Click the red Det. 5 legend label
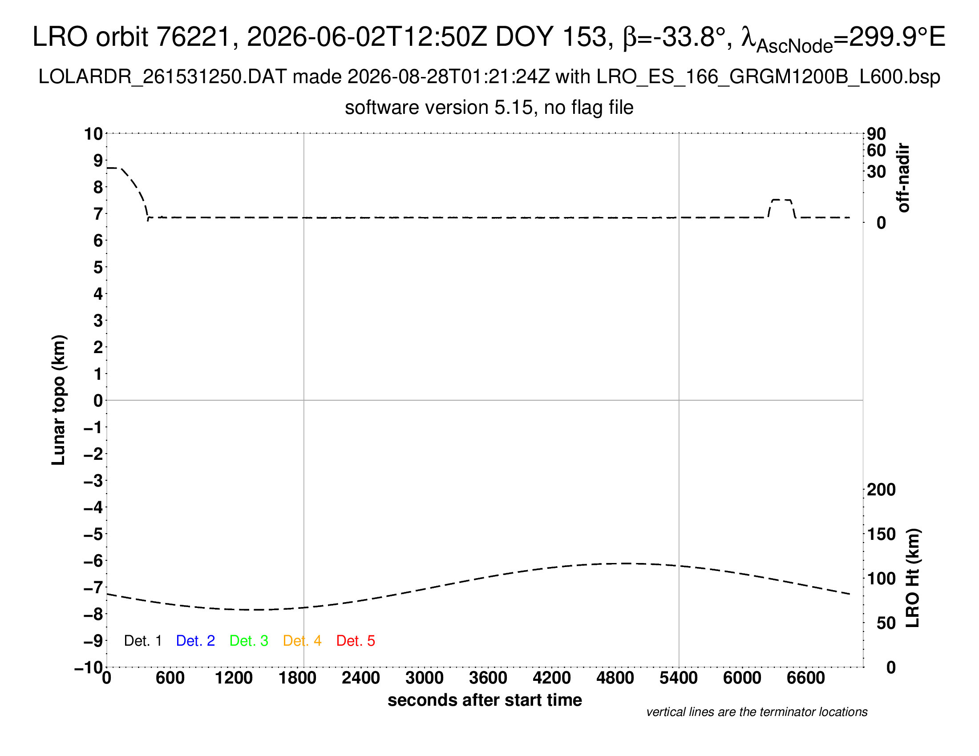[x=356, y=641]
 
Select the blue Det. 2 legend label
[x=195, y=641]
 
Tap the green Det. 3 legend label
[x=249, y=641]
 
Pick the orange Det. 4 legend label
[x=302, y=641]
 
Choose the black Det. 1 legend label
[x=142, y=641]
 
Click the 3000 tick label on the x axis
[x=424, y=678]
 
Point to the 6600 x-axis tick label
[x=805, y=678]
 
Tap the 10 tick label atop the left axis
[x=94, y=133]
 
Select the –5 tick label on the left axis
[x=93, y=534]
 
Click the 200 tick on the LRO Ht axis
[x=881, y=490]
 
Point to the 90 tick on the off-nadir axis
[x=876, y=133]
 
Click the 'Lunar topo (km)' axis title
[x=59, y=400]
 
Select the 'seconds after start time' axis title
[x=485, y=700]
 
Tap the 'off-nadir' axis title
[x=904, y=178]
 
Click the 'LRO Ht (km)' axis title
[x=913, y=578]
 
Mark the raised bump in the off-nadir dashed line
[x=782, y=200]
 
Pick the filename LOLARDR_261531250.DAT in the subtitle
[x=162, y=77]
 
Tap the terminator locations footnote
[x=756, y=712]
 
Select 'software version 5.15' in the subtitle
[x=439, y=108]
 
